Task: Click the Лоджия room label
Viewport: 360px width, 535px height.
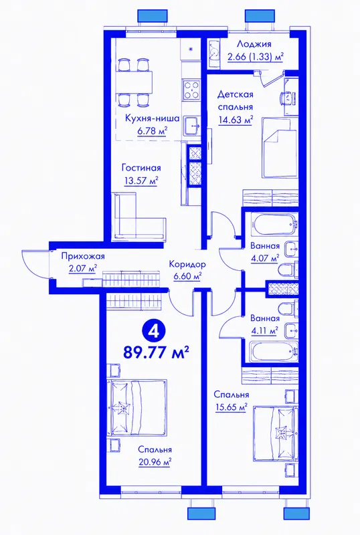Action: click(x=254, y=44)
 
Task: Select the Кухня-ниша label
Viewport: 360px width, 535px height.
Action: click(x=153, y=118)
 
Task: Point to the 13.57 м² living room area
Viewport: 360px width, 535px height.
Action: click(x=141, y=181)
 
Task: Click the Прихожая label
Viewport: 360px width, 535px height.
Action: click(x=83, y=256)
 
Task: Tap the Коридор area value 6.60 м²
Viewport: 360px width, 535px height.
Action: click(x=187, y=276)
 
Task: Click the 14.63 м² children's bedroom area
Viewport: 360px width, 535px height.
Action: click(x=236, y=120)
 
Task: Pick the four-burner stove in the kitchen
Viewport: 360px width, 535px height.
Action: click(x=191, y=90)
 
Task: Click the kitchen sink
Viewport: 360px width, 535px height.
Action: click(x=193, y=126)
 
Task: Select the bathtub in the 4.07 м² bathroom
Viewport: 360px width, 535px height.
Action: click(x=274, y=224)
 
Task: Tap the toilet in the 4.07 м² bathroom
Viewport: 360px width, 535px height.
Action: click(x=288, y=270)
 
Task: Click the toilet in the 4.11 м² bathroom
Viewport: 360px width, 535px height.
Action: click(x=288, y=309)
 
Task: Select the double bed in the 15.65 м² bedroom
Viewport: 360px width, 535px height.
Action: click(x=274, y=433)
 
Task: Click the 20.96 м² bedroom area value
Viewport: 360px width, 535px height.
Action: click(x=155, y=462)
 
